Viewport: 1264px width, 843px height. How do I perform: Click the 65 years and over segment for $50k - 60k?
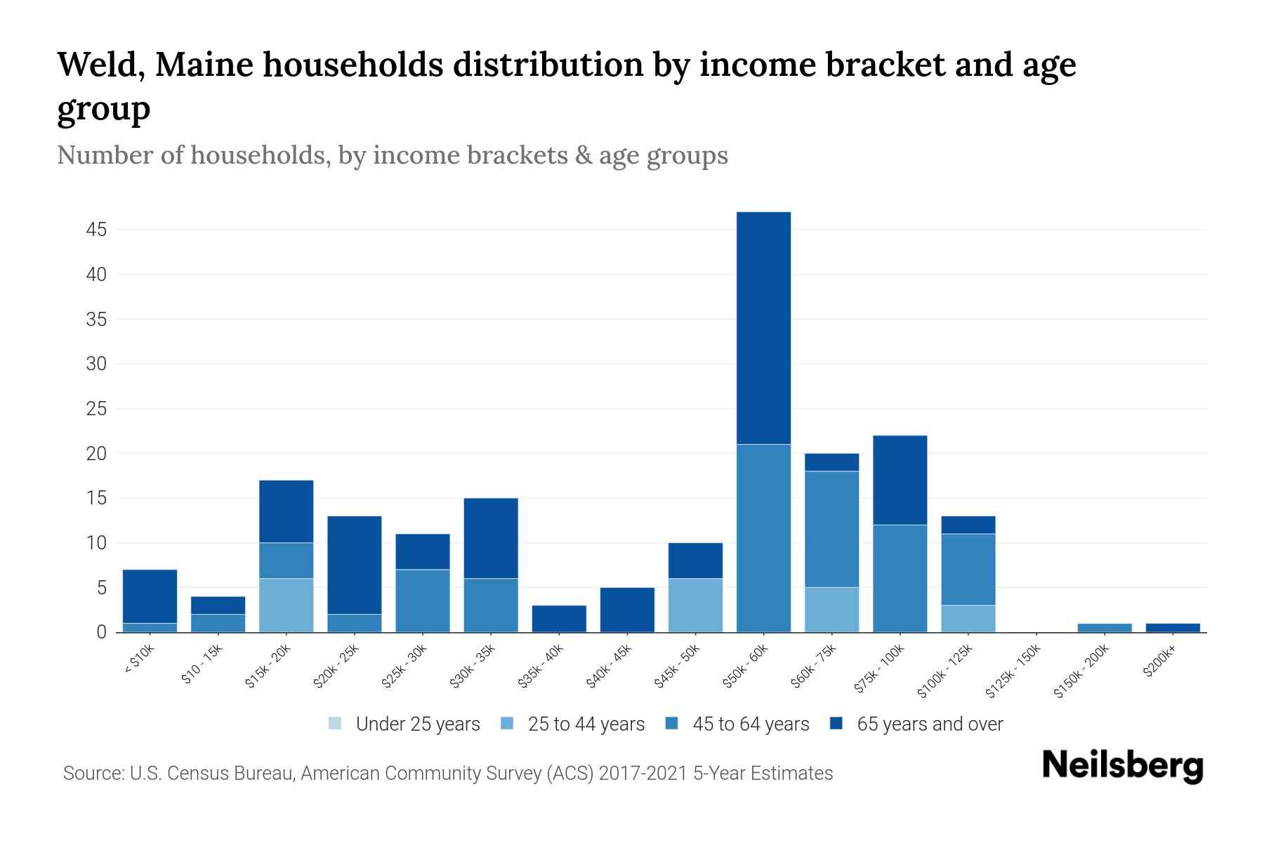[x=763, y=328]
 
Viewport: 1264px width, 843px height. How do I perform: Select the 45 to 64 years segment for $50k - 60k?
[x=763, y=538]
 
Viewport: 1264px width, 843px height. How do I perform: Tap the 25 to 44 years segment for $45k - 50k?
[x=695, y=605]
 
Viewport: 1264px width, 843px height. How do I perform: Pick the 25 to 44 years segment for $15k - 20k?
[x=286, y=605]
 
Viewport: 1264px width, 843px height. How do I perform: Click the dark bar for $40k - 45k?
[x=627, y=610]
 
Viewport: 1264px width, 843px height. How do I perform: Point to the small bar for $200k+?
[x=1172, y=627]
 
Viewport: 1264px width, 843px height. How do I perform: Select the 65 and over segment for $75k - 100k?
[x=900, y=480]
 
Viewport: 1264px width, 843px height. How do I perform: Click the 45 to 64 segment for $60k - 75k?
[x=831, y=529]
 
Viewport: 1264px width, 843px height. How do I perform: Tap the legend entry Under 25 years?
[x=418, y=724]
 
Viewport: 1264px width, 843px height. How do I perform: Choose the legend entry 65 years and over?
[x=930, y=724]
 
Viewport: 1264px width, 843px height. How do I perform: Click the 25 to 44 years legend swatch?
[x=507, y=724]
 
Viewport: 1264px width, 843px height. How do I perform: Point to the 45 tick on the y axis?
[x=96, y=230]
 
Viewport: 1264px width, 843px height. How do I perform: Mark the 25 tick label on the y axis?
[x=96, y=409]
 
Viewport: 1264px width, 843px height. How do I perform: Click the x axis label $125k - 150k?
[x=1013, y=671]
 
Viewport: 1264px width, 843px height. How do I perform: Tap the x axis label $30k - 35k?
[x=473, y=665]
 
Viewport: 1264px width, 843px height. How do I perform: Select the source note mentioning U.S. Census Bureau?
[x=447, y=773]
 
